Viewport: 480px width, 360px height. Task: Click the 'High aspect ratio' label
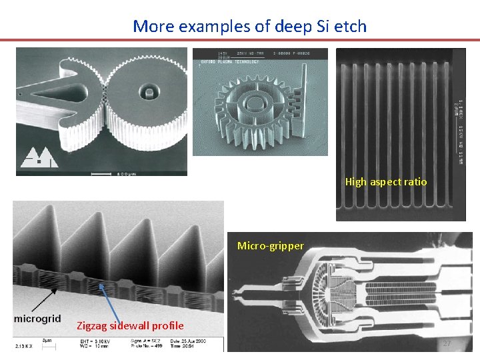(386, 181)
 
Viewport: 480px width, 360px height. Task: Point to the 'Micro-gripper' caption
(271, 246)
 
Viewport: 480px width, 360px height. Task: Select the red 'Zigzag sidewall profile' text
(130, 325)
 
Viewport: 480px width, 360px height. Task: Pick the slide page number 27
(447, 343)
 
